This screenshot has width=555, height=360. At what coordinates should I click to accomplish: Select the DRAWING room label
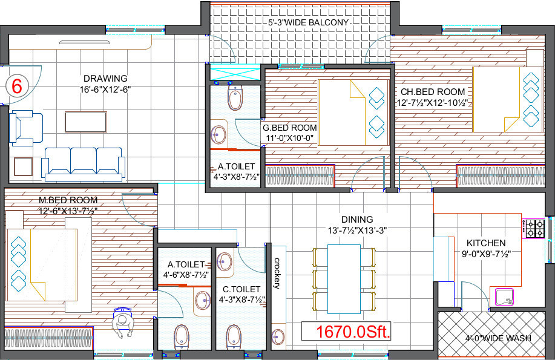(x=105, y=78)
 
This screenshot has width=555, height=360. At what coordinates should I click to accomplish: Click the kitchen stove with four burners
(x=534, y=227)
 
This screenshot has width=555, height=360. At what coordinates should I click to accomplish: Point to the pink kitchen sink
(x=504, y=296)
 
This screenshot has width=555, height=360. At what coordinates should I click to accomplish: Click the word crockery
(x=277, y=274)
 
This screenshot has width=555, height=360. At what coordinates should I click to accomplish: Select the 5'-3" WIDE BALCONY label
(x=309, y=23)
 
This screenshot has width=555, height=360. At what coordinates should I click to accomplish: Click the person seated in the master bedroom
(x=123, y=324)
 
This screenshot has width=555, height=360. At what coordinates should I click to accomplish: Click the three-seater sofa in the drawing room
(x=83, y=162)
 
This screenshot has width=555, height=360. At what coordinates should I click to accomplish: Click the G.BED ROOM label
(x=289, y=128)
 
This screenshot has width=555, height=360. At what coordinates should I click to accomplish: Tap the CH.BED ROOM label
(x=433, y=92)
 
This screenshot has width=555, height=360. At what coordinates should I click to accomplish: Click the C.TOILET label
(x=241, y=290)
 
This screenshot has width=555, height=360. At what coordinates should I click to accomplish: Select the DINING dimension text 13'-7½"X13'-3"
(x=356, y=231)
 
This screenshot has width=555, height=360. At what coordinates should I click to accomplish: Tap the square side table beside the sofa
(x=23, y=166)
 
